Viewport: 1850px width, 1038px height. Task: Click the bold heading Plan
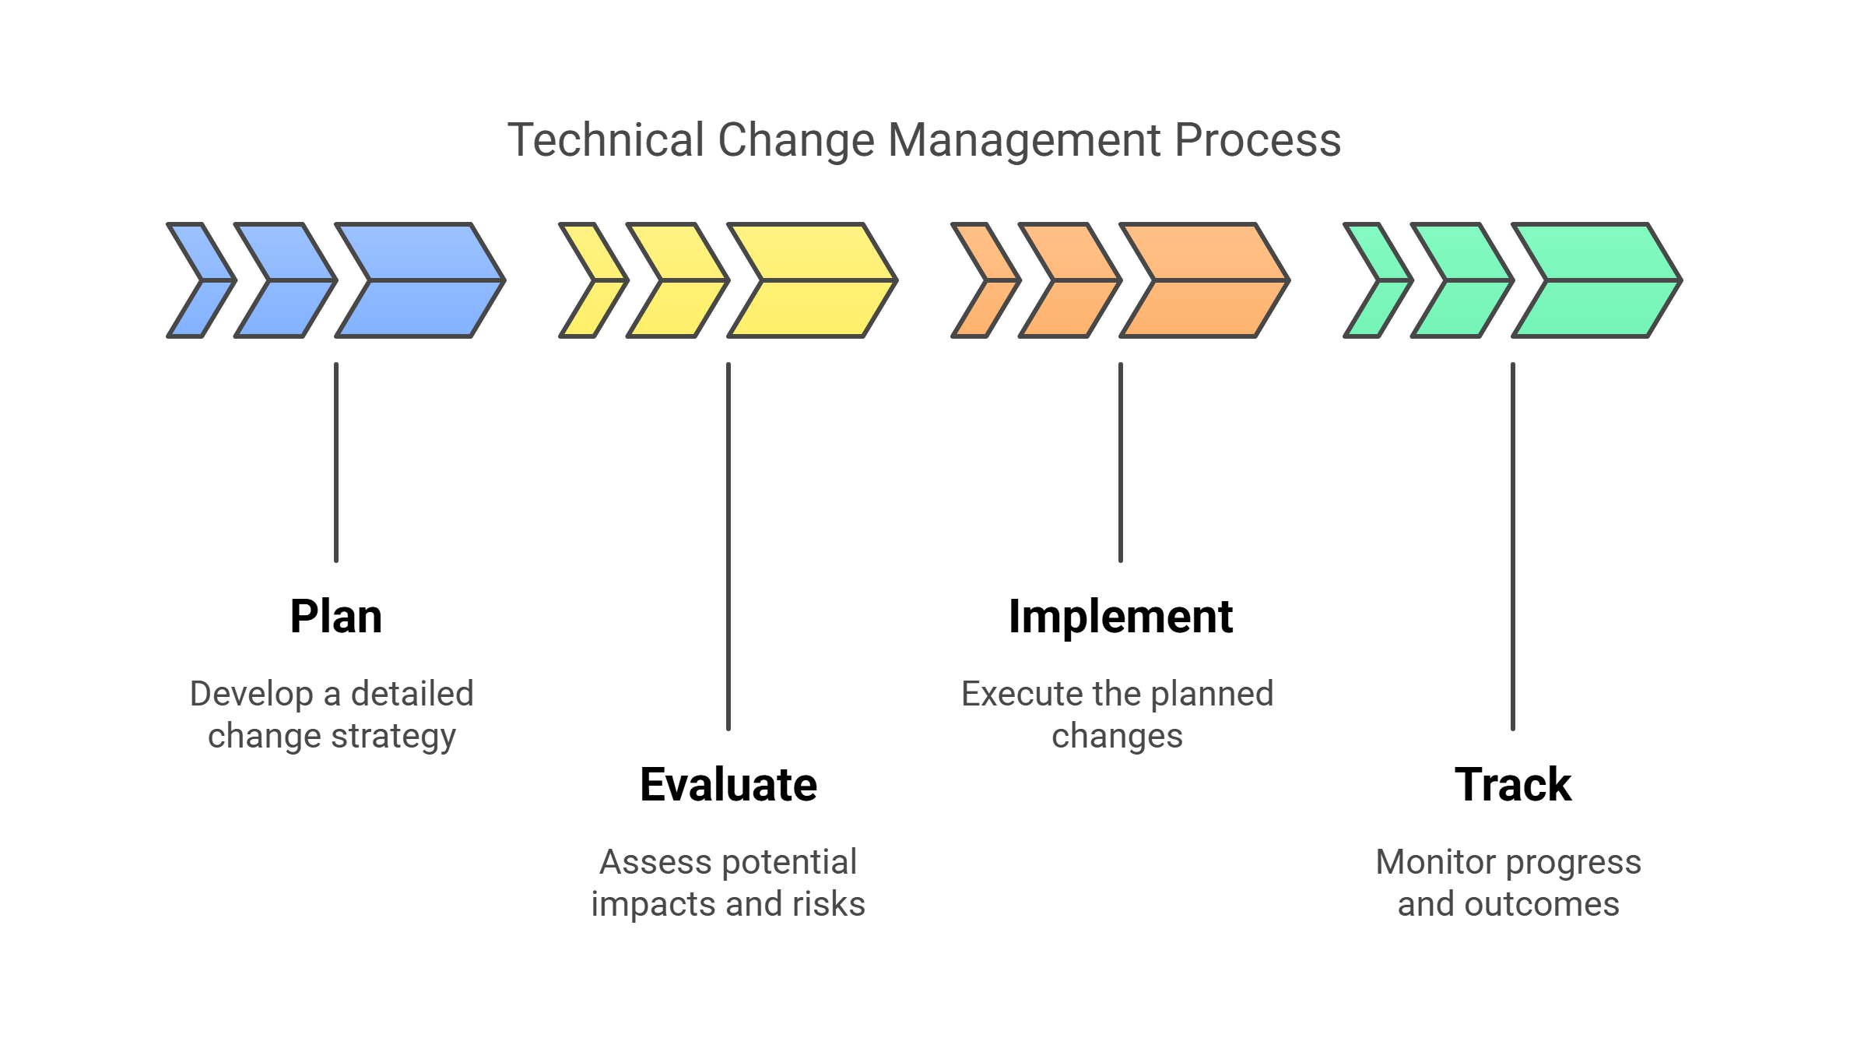click(x=336, y=618)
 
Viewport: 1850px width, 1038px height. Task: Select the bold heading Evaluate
click(x=728, y=784)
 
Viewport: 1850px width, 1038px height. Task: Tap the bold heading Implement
click(x=1121, y=618)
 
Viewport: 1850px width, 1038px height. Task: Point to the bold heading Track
click(x=1513, y=784)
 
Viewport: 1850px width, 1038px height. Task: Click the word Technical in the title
click(x=606, y=140)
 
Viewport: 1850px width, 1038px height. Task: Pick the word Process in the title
click(x=1258, y=140)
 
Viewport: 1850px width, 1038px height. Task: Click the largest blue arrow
click(x=420, y=280)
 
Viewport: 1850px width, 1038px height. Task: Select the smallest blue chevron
click(x=202, y=280)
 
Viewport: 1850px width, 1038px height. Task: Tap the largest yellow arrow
click(x=813, y=280)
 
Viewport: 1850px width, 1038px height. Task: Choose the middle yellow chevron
click(x=678, y=280)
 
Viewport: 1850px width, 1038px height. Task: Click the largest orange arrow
click(x=1205, y=280)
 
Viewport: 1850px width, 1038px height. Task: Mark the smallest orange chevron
click(x=986, y=280)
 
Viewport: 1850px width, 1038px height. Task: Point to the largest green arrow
click(x=1597, y=280)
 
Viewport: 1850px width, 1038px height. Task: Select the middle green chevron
click(x=1462, y=280)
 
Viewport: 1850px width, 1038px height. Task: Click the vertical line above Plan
click(x=336, y=463)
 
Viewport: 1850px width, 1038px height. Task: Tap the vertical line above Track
click(x=1513, y=547)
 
